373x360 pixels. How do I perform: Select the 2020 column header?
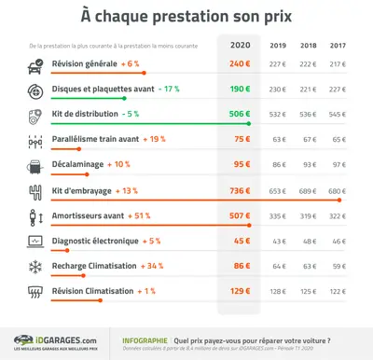(x=242, y=45)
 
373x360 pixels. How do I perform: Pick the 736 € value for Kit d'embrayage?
(x=242, y=190)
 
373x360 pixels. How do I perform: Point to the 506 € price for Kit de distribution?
(x=242, y=114)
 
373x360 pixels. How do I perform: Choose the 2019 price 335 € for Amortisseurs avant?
(x=277, y=215)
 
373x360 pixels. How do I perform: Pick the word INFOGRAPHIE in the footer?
(x=145, y=340)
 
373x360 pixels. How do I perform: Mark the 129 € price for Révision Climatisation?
(x=242, y=291)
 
